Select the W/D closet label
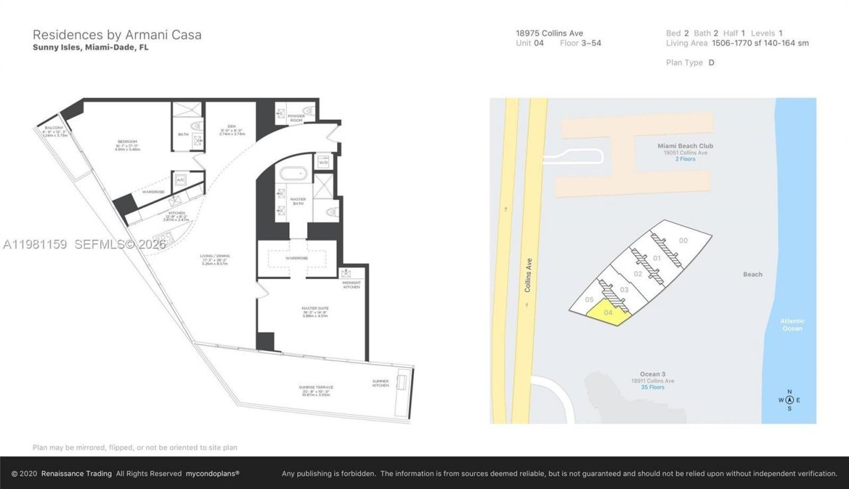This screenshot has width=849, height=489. (x=324, y=162)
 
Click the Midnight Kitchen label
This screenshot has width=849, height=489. (x=352, y=284)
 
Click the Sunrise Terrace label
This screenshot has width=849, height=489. (x=315, y=387)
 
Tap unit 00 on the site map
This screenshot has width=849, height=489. (x=683, y=241)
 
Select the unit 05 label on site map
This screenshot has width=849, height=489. (x=589, y=299)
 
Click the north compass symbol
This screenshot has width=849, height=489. (x=789, y=400)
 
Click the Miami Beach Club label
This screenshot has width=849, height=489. (x=685, y=146)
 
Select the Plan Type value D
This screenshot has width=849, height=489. (x=711, y=62)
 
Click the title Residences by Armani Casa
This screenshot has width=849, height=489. (x=117, y=34)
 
